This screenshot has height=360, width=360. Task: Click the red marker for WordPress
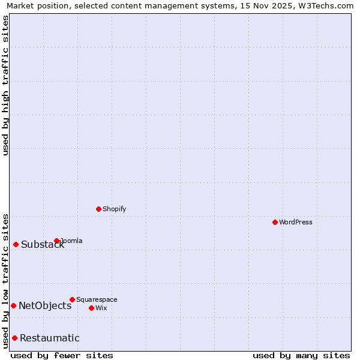point(275,222)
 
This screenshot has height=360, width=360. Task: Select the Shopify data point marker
point(98,209)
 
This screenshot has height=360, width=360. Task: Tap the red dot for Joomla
point(57,241)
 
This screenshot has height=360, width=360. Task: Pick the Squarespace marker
point(72,299)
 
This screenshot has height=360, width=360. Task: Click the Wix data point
point(91,308)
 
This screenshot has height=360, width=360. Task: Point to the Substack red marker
point(16,244)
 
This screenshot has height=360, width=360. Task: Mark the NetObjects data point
point(13,305)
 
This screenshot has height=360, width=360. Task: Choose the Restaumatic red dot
point(14,338)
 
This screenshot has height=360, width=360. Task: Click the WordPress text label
point(296,222)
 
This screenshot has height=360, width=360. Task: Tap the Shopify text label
point(114,209)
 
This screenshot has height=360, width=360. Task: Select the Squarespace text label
point(97,299)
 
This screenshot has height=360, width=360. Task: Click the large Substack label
point(43,244)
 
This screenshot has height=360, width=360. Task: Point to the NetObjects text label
point(45,305)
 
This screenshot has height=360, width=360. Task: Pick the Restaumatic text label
point(49,338)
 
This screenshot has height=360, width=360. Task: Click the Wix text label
point(101,308)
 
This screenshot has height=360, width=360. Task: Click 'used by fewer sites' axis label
point(62,355)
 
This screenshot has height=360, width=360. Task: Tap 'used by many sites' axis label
point(301,355)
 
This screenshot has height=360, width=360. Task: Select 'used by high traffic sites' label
point(5,86)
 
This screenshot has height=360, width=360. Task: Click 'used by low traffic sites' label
point(5,281)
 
